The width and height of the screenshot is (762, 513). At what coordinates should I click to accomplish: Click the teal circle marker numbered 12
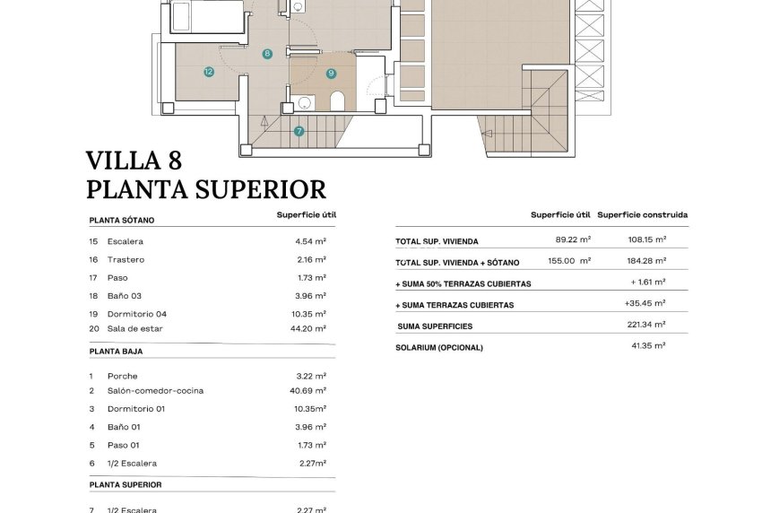pyautogui.click(x=208, y=71)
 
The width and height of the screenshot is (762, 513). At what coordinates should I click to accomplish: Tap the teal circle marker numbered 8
pyautogui.click(x=267, y=54)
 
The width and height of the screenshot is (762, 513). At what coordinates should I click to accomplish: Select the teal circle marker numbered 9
pyautogui.click(x=331, y=74)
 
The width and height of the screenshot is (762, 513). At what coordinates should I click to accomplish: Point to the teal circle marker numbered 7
pyautogui.click(x=299, y=131)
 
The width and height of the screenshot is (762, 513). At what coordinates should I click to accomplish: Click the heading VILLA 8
pyautogui.click(x=134, y=161)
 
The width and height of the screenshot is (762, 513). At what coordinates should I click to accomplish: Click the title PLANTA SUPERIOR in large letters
pyautogui.click(x=205, y=189)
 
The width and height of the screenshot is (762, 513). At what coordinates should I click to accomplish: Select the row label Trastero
pyautogui.click(x=126, y=259)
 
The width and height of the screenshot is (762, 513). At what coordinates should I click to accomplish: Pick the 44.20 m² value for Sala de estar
pyautogui.click(x=310, y=328)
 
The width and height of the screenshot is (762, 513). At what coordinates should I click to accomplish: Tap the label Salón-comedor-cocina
pyautogui.click(x=155, y=391)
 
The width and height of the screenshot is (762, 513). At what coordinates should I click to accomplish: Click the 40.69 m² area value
pyautogui.click(x=310, y=391)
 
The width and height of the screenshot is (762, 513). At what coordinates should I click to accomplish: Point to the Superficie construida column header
pyautogui.click(x=643, y=215)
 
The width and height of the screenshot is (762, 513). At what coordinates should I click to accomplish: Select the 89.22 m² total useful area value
pyautogui.click(x=573, y=239)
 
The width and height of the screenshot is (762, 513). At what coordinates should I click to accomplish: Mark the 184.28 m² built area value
pyautogui.click(x=646, y=260)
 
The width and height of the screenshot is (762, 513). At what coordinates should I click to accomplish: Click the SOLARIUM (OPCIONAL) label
pyautogui.click(x=439, y=347)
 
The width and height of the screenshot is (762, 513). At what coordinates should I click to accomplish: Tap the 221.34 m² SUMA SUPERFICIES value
pyautogui.click(x=646, y=325)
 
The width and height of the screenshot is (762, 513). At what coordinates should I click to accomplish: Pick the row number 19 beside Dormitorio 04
pyautogui.click(x=93, y=314)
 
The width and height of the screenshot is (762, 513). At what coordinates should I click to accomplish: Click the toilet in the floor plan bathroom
pyautogui.click(x=338, y=100)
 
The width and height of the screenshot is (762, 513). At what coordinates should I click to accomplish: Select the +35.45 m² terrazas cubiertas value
pyautogui.click(x=645, y=303)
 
